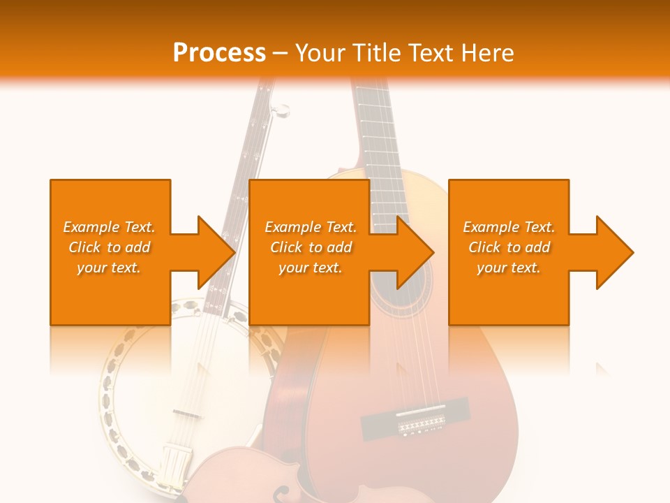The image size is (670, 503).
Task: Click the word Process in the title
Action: [x=219, y=52]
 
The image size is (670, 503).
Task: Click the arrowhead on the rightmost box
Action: [x=615, y=252]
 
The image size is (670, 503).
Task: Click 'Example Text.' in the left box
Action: [x=109, y=227]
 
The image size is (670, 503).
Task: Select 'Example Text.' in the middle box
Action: [x=311, y=227]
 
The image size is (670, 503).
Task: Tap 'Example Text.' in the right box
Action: [x=509, y=227]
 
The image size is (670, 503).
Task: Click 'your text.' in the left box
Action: [x=109, y=268]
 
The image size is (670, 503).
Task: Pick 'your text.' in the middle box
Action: [x=311, y=268]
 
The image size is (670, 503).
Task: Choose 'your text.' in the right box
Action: [x=509, y=268]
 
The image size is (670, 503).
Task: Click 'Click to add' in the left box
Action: [x=109, y=247]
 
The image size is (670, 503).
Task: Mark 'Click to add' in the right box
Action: [x=509, y=247]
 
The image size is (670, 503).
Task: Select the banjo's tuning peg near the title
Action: [x=281, y=110]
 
